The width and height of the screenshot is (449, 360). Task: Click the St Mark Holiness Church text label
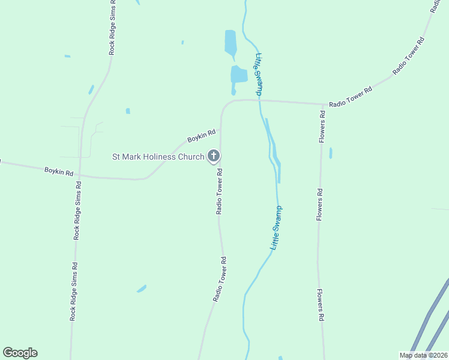pyautogui.click(x=158, y=157)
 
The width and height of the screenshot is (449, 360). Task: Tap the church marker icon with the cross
pyautogui.click(x=213, y=157)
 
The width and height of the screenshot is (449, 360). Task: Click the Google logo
pyautogui.click(x=20, y=353)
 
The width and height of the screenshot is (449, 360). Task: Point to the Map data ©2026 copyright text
pyautogui.click(x=423, y=355)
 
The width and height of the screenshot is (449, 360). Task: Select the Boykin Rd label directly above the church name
pyautogui.click(x=201, y=136)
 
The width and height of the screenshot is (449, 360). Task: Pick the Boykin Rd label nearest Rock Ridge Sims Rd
pyautogui.click(x=59, y=172)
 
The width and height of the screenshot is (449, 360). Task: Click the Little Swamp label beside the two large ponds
pyautogui.click(x=259, y=74)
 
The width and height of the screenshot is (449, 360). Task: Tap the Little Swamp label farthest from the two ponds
pyautogui.click(x=276, y=228)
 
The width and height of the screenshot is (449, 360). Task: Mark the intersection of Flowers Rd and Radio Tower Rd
pyautogui.click(x=322, y=104)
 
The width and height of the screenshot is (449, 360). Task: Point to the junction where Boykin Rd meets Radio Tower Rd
pyautogui.click(x=220, y=128)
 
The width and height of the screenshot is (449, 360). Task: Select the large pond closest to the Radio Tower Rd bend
pyautogui.click(x=239, y=74)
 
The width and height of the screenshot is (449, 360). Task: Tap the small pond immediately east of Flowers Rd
pyautogui.click(x=331, y=153)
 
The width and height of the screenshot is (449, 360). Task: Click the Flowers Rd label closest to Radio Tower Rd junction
pyautogui.click(x=322, y=127)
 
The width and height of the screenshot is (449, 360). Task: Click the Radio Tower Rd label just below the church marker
pyautogui.click(x=220, y=191)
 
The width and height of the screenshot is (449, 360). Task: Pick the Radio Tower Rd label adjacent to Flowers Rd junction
pyautogui.click(x=351, y=96)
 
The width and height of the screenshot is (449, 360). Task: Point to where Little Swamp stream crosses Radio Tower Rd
pyautogui.click(x=259, y=100)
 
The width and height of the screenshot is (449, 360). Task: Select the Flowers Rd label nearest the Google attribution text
pyautogui.click(x=321, y=307)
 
